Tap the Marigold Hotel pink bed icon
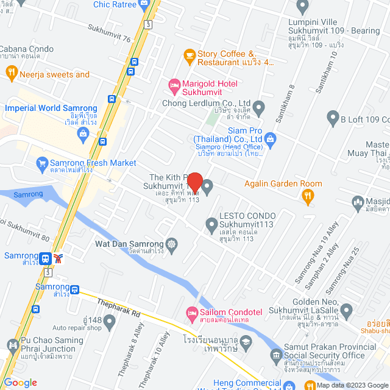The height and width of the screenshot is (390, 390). point(174,85)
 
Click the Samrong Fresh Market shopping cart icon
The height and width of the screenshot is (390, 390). point(42,163)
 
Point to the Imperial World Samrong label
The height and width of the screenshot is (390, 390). point(51,108)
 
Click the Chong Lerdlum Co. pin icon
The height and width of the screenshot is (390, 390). point(259,110)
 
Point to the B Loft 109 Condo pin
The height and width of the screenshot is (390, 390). point(333,116)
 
